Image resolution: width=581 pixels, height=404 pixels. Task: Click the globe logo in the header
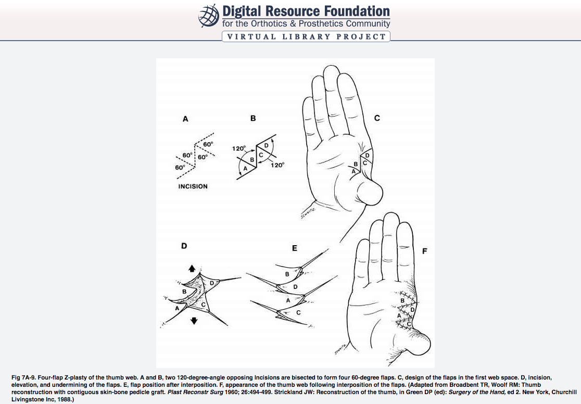tap(209, 16)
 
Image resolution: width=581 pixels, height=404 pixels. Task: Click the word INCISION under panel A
tap(193, 186)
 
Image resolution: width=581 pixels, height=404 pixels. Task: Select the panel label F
tap(424, 251)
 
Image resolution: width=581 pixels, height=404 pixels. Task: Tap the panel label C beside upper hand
tap(377, 118)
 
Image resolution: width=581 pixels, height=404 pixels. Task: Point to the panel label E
tap(295, 249)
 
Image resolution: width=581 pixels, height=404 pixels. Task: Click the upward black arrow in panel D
tap(192, 268)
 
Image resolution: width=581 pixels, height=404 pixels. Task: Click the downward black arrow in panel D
tap(194, 321)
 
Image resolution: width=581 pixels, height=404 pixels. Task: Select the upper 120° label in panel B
tap(239, 148)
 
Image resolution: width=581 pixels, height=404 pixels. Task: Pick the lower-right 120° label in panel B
tap(277, 165)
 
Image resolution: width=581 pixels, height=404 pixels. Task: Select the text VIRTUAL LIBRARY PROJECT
tap(306, 36)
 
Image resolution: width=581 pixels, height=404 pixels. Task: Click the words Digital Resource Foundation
tap(306, 11)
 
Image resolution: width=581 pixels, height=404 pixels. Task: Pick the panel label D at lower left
tap(184, 246)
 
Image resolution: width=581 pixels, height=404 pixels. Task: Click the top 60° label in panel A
tap(207, 144)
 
